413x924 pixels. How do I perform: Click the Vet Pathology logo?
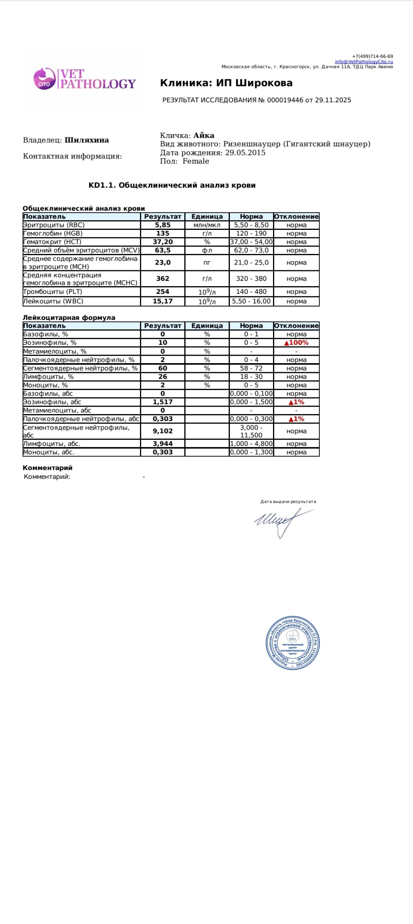click(85, 79)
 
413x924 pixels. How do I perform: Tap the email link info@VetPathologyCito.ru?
click(364, 62)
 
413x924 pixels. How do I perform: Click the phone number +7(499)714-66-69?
click(372, 56)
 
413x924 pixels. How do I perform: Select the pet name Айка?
click(203, 135)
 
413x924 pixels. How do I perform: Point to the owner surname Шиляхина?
click(87, 140)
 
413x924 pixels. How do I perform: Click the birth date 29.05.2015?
click(245, 153)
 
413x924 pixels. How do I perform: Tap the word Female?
click(196, 161)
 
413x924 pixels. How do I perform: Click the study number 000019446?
click(285, 100)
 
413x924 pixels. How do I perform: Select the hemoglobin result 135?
click(162, 234)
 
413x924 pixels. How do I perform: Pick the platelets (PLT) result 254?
click(162, 292)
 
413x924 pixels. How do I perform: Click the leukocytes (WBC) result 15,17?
click(162, 301)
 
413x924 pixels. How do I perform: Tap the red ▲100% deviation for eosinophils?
click(296, 343)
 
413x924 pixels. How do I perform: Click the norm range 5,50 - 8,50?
click(251, 225)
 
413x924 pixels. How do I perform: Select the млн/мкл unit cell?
click(207, 225)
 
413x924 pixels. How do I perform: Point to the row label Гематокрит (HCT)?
click(52, 242)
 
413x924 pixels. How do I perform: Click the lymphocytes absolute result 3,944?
click(162, 443)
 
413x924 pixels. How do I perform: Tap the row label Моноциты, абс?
click(49, 452)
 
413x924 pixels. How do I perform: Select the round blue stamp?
click(293, 643)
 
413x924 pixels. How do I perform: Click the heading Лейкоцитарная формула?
click(69, 318)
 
